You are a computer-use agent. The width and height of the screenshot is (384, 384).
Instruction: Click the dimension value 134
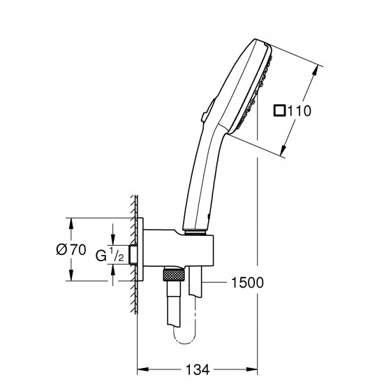point(197,369)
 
